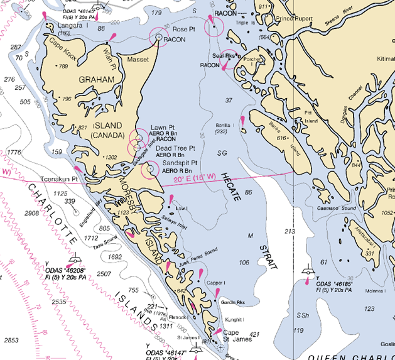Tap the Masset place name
(138, 60)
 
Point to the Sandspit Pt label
(180, 163)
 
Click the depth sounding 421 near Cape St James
(256, 334)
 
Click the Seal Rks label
(223, 55)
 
